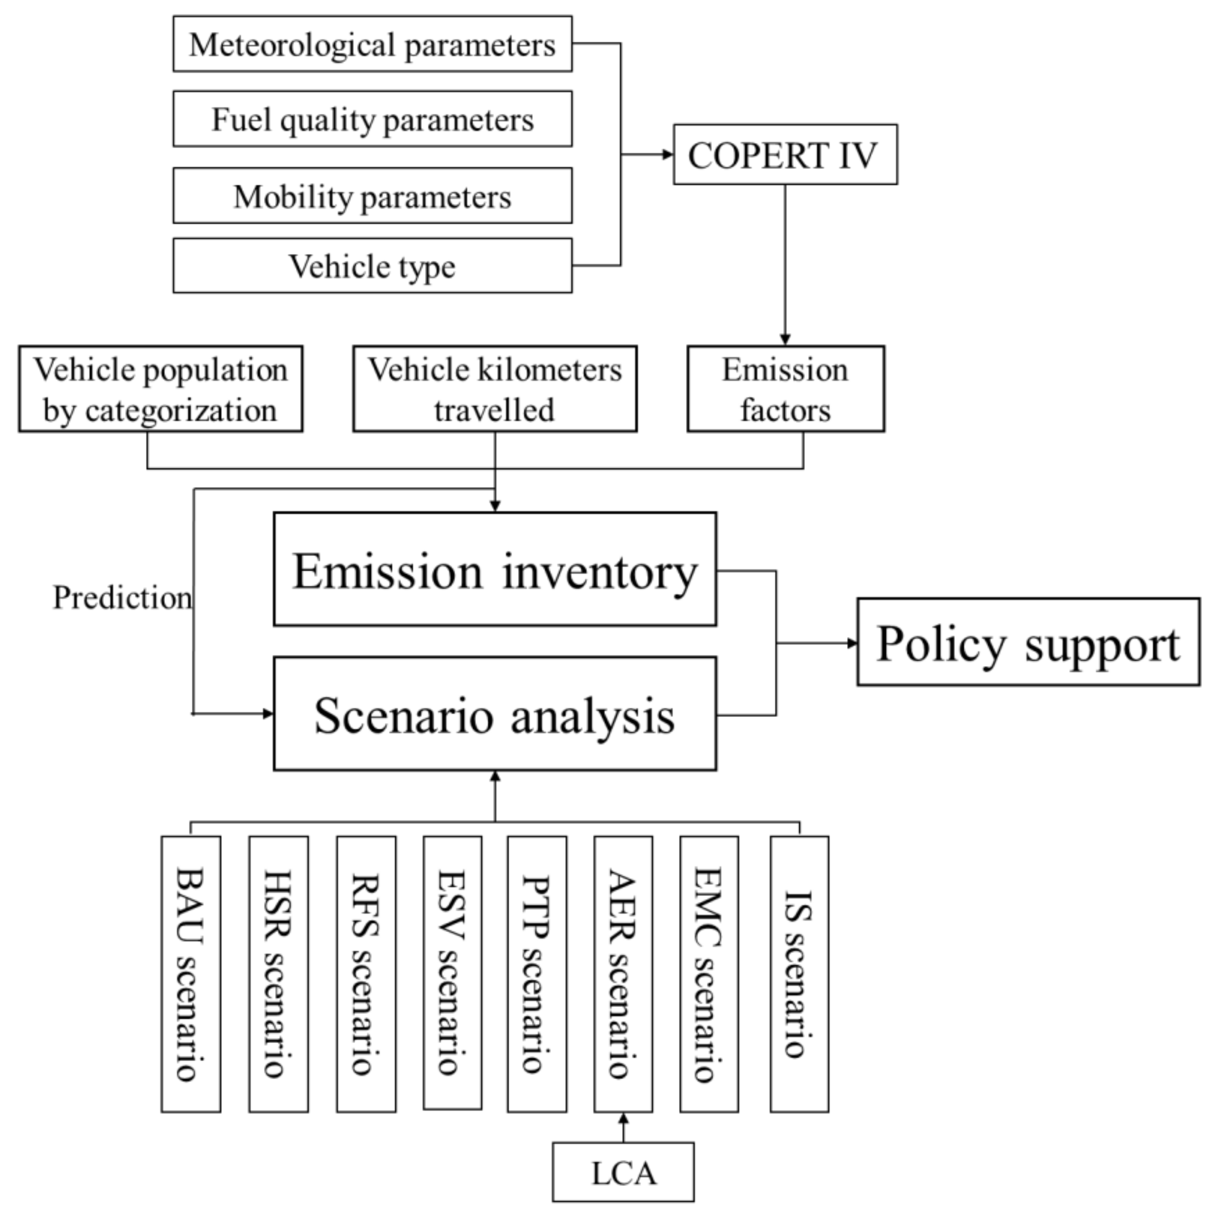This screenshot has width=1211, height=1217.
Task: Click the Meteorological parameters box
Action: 372,44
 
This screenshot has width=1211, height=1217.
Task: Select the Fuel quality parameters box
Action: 372,119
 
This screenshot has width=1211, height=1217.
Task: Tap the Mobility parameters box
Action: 372,196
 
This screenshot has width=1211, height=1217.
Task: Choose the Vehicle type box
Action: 372,266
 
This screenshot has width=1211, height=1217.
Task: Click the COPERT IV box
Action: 785,154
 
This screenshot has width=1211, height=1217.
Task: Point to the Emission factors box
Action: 786,389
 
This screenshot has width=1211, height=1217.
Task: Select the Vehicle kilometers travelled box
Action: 495,389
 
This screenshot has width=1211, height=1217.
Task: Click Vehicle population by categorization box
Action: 161,389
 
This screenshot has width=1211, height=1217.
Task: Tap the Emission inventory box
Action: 495,569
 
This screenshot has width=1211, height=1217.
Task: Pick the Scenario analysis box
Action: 495,714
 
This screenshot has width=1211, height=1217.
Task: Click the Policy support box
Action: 1028,643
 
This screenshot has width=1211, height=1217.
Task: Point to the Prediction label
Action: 122,597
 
